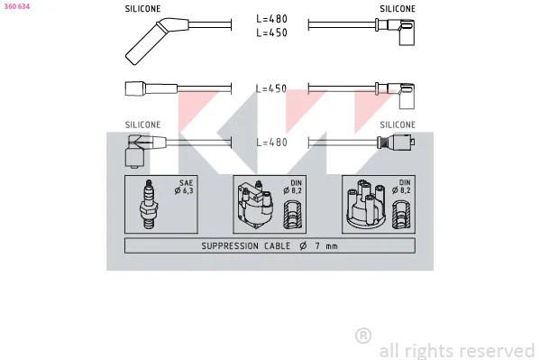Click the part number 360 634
coord(17,6)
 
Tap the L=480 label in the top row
coord(271,19)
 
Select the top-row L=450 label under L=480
coord(271,32)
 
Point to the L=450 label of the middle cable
coord(271,88)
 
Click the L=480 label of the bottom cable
coord(271,142)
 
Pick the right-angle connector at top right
coord(396,32)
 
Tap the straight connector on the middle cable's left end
coord(151,88)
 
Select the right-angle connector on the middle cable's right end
coord(396,96)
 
